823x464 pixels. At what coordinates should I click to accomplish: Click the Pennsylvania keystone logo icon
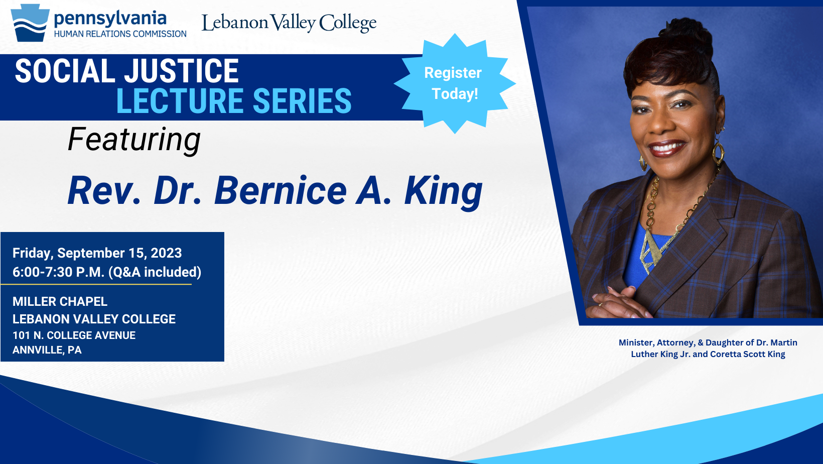[x=30, y=23]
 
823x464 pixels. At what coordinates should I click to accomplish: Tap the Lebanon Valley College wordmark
[x=289, y=23]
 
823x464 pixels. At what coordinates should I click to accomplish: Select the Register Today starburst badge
[x=455, y=83]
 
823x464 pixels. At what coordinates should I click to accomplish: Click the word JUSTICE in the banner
[x=182, y=71]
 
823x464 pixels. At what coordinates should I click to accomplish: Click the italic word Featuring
[x=134, y=140]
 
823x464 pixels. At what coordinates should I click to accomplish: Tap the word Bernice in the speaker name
[x=281, y=190]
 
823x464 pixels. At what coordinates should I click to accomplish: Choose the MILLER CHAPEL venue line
[x=60, y=301]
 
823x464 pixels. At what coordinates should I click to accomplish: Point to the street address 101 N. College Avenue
[x=74, y=335]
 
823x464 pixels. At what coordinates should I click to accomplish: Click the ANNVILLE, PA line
[x=47, y=350]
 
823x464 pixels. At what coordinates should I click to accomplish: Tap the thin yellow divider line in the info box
[x=96, y=284]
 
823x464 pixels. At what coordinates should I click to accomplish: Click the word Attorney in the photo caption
[x=675, y=342]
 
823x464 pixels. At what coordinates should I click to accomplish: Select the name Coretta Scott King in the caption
[x=747, y=354]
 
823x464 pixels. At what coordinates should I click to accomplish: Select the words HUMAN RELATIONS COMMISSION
[x=120, y=34]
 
